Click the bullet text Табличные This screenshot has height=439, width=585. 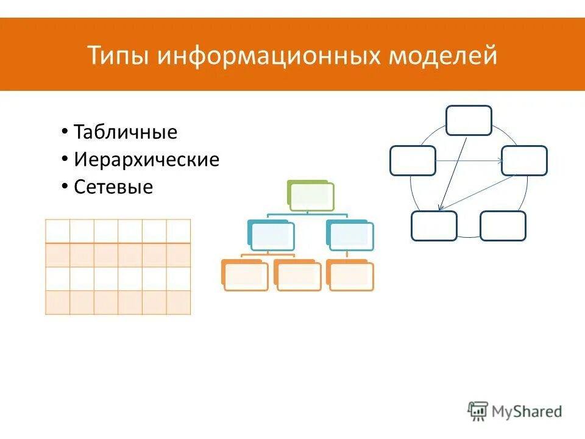pyautogui.click(x=126, y=132)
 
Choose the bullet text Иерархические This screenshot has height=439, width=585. pyautogui.click(x=146, y=160)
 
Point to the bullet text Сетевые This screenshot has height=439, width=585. pyautogui.click(x=113, y=187)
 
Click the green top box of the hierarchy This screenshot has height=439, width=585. pyautogui.click(x=310, y=196)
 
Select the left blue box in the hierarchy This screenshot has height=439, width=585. pyautogui.click(x=271, y=235)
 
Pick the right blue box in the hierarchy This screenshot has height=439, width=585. pyautogui.click(x=350, y=235)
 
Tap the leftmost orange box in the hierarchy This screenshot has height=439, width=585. pyautogui.click(x=244, y=275)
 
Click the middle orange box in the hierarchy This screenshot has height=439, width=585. pyautogui.click(x=297, y=275)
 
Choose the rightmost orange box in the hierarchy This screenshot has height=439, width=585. pyautogui.click(x=350, y=275)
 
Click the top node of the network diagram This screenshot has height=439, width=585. pyautogui.click(x=469, y=120)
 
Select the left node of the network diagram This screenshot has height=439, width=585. pyautogui.click(x=413, y=160)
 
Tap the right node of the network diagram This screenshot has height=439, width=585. pyautogui.click(x=524, y=160)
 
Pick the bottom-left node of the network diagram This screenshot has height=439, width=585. pyautogui.click(x=434, y=226)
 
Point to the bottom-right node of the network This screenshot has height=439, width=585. pyautogui.click(x=503, y=226)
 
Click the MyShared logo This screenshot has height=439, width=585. pyautogui.click(x=515, y=411)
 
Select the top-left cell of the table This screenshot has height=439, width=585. pyautogui.click(x=58, y=231)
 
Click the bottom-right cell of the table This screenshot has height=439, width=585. pyautogui.click(x=179, y=302)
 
